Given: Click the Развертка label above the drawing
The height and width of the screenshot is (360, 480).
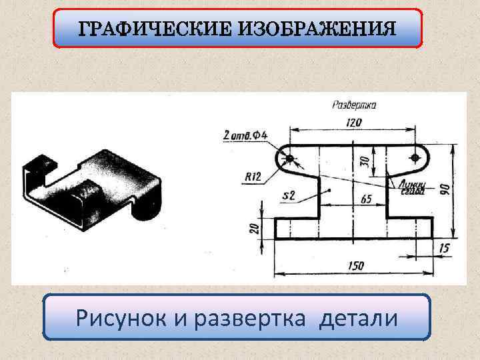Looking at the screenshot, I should (354, 105).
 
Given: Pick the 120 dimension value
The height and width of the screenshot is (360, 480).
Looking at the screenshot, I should (353, 122).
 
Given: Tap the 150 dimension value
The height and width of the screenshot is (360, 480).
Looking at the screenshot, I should (355, 265).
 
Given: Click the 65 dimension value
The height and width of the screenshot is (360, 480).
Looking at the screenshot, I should (366, 199).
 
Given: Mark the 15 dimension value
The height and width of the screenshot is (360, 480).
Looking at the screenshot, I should (444, 249).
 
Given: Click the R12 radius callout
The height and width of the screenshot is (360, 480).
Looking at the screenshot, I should (253, 177).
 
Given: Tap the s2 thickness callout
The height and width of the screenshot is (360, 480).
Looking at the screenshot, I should (289, 195).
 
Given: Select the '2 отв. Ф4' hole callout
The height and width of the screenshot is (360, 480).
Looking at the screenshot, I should (246, 135).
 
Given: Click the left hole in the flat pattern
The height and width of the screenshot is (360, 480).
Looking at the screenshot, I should (290, 158).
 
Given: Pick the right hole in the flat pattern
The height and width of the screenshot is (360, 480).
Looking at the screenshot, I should (415, 157).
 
